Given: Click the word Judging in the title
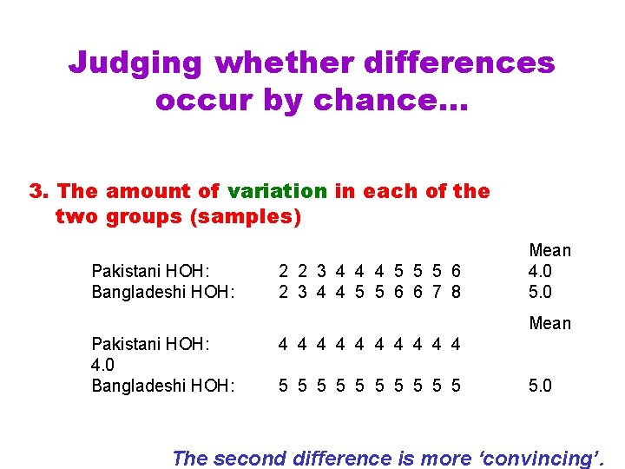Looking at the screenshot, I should coord(135,63).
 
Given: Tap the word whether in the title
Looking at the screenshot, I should coord(283,63).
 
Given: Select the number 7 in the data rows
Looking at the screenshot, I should coord(437,292).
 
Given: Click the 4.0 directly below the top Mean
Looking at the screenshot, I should coord(540,271).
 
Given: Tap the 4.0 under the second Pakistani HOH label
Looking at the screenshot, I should coord(105,365).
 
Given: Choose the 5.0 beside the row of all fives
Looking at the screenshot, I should coord(540,386).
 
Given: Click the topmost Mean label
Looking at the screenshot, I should coord(550,251).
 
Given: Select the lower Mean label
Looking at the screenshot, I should coord(550,324).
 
